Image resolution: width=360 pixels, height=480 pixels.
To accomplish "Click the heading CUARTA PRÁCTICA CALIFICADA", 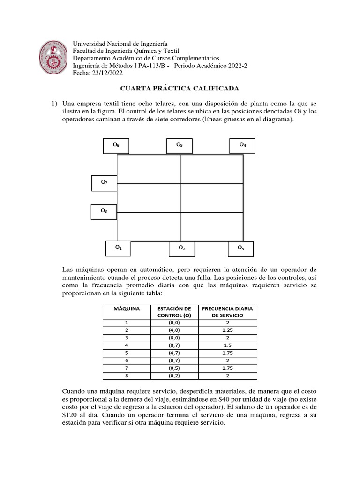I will click(x=180, y=88).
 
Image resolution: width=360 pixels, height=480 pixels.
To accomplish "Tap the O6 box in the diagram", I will click(x=116, y=146).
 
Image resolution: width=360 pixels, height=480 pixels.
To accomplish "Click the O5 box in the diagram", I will click(x=180, y=146).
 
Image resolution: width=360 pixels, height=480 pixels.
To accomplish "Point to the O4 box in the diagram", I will click(x=243, y=146).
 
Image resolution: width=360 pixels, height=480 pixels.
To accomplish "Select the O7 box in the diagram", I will click(x=104, y=183).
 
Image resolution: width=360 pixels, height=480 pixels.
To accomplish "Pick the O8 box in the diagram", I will click(x=104, y=212).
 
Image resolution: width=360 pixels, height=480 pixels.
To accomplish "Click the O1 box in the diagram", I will click(x=119, y=248).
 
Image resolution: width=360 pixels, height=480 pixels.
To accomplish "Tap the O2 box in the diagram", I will click(x=182, y=249).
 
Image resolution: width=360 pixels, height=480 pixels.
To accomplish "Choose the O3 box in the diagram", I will click(x=240, y=249).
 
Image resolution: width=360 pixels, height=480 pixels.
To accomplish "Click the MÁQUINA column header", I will click(x=126, y=309).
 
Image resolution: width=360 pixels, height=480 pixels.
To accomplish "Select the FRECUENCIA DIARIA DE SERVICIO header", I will click(x=227, y=312).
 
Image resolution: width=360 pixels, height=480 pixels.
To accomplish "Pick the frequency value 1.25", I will click(x=227, y=330).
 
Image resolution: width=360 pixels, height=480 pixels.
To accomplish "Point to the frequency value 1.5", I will click(x=227, y=345).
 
